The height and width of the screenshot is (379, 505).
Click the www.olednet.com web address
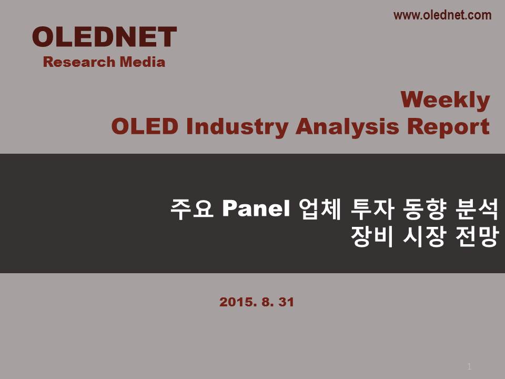coord(442,15)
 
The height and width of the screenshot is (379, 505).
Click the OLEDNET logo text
coord(104,37)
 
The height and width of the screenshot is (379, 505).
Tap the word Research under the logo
coord(79,62)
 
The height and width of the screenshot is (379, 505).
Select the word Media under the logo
coord(143,62)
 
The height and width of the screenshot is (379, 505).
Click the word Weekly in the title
coord(446,101)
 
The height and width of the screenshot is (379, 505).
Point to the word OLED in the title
coord(145,126)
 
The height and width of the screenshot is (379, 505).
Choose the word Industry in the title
coord(237,127)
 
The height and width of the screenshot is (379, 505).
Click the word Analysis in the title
coord(348,127)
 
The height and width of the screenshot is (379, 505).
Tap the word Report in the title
coord(448,127)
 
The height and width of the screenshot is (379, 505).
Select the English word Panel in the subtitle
coord(256,208)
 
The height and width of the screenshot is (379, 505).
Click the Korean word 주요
coord(192,209)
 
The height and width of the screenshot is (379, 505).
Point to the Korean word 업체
coord(319,209)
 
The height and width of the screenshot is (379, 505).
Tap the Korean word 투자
coord(372,209)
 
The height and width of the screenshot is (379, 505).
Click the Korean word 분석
coord(477,209)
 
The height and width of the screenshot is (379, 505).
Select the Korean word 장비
coord(372,236)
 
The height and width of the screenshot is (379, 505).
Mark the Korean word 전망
coord(477,236)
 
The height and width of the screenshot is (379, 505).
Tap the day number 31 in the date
coord(286,302)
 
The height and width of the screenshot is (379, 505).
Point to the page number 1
coord(469,366)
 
